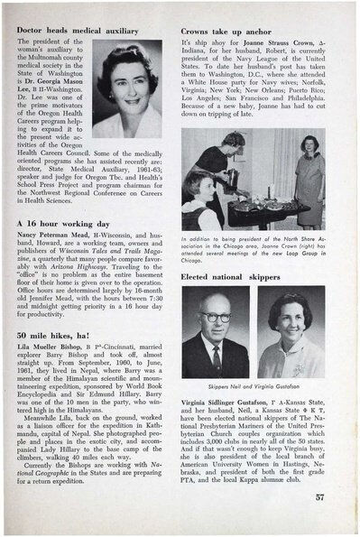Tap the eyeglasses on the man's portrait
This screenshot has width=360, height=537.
point(217,318)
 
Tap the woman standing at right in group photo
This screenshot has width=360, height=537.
point(311,181)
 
